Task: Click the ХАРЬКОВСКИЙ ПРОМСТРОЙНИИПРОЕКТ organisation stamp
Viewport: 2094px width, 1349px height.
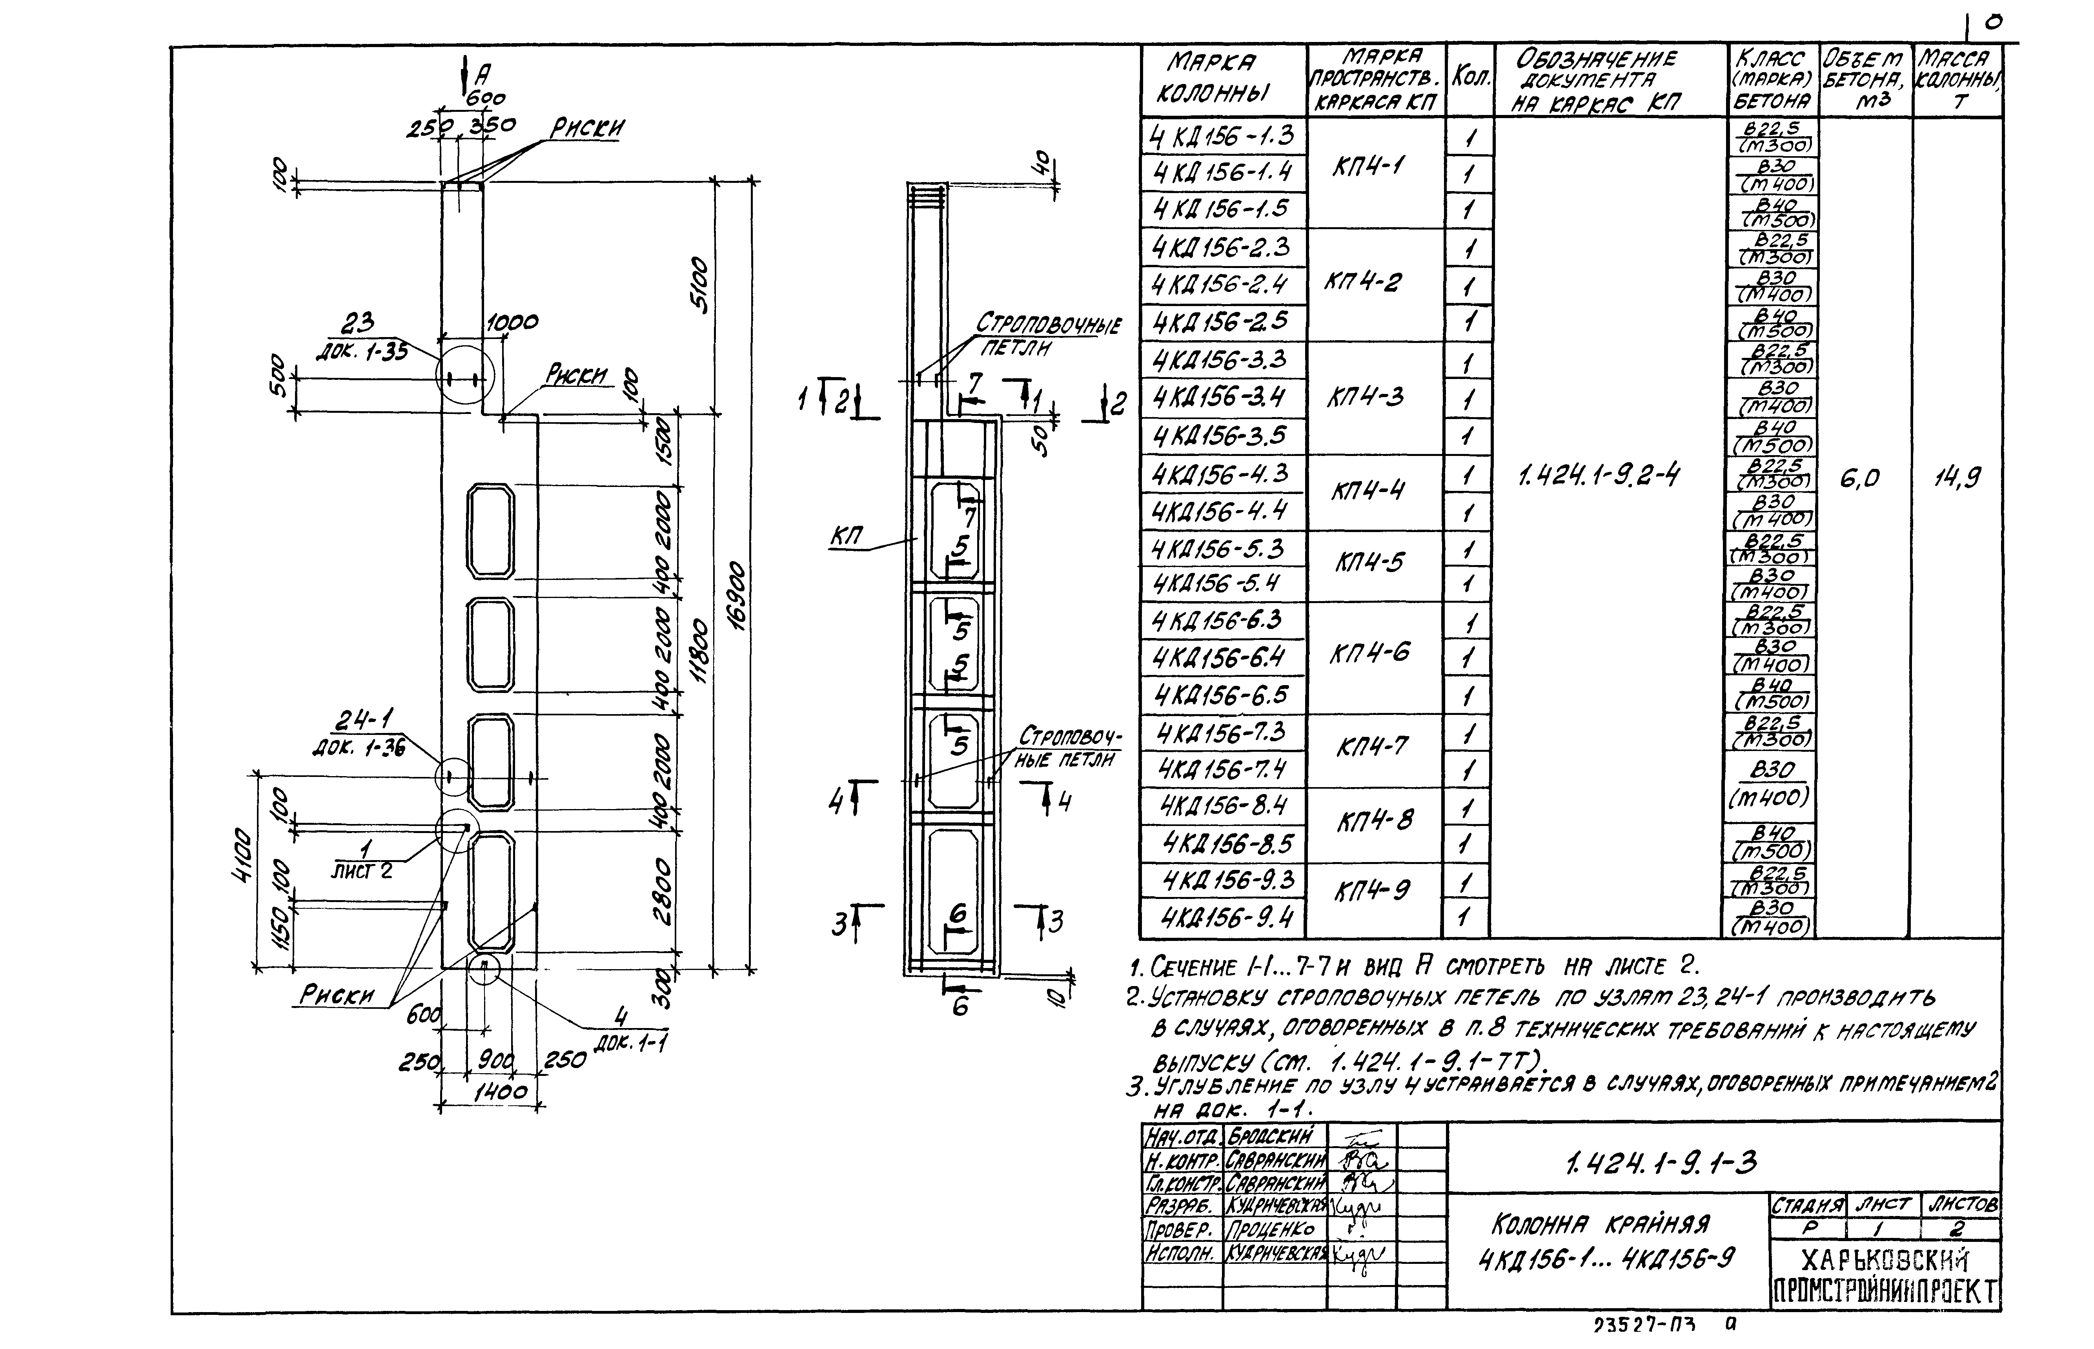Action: click(x=1885, y=1274)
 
